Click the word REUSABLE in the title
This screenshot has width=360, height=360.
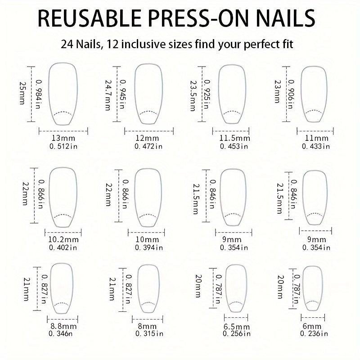coord(90,18)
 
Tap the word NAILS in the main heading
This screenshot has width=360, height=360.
coord(285,18)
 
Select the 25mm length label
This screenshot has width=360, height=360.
coord(22,93)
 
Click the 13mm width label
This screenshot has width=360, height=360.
coord(63,138)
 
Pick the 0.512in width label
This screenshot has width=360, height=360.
coord(63,146)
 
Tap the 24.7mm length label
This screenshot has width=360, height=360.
coord(108,95)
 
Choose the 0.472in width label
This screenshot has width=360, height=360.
coord(148,146)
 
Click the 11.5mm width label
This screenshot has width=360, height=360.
coord(234,138)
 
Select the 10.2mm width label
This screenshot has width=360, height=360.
coord(63,240)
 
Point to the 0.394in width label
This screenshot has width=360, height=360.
coord(149,248)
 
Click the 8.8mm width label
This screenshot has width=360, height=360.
coord(63,326)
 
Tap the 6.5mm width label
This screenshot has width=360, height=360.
coord(237,327)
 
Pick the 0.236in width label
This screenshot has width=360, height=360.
coord(314,333)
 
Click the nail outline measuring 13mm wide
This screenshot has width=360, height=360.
coord(49,94)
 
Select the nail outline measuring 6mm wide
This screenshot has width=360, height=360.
coord(303,288)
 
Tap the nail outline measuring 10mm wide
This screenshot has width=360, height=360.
coord(135,198)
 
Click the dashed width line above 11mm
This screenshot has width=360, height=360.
coord(315,131)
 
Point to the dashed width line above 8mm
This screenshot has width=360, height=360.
coord(148,319)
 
